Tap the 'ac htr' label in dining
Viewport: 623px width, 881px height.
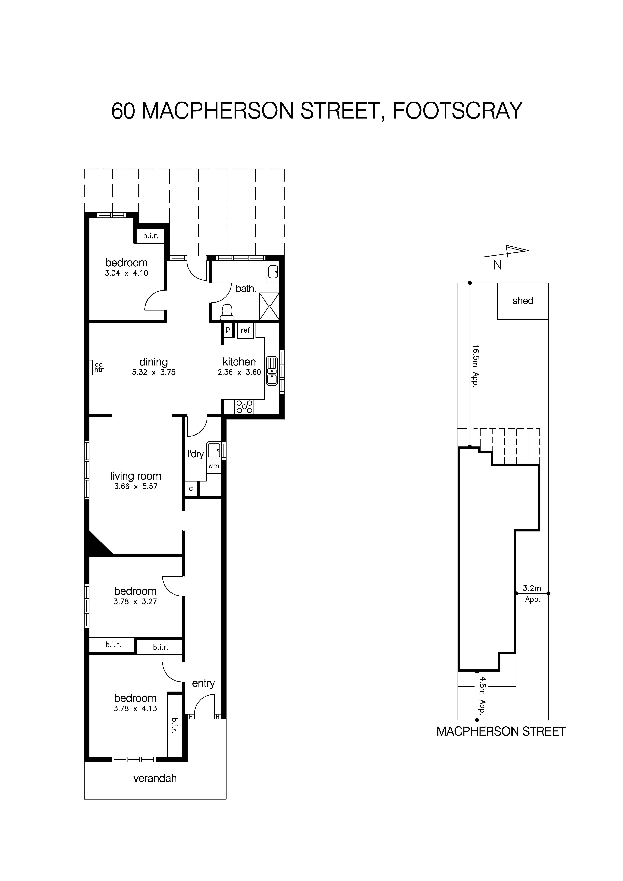click(99, 367)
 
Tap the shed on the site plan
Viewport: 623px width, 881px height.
click(523, 301)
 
